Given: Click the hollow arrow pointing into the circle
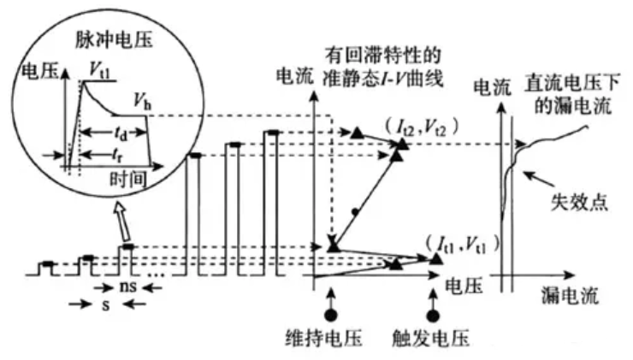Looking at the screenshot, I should (121, 224).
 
